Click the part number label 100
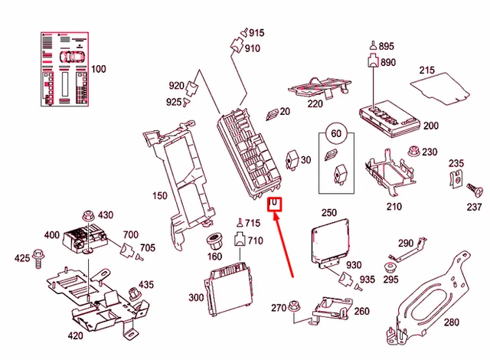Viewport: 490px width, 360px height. pyautogui.click(x=99, y=70)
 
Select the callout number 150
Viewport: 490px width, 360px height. pyautogui.click(x=159, y=196)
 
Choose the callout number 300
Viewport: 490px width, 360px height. pyautogui.click(x=195, y=297)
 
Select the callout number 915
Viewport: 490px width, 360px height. pyautogui.click(x=255, y=32)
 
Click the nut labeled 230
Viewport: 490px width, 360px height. pyautogui.click(x=416, y=151)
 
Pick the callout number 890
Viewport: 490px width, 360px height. pyautogui.click(x=387, y=63)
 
